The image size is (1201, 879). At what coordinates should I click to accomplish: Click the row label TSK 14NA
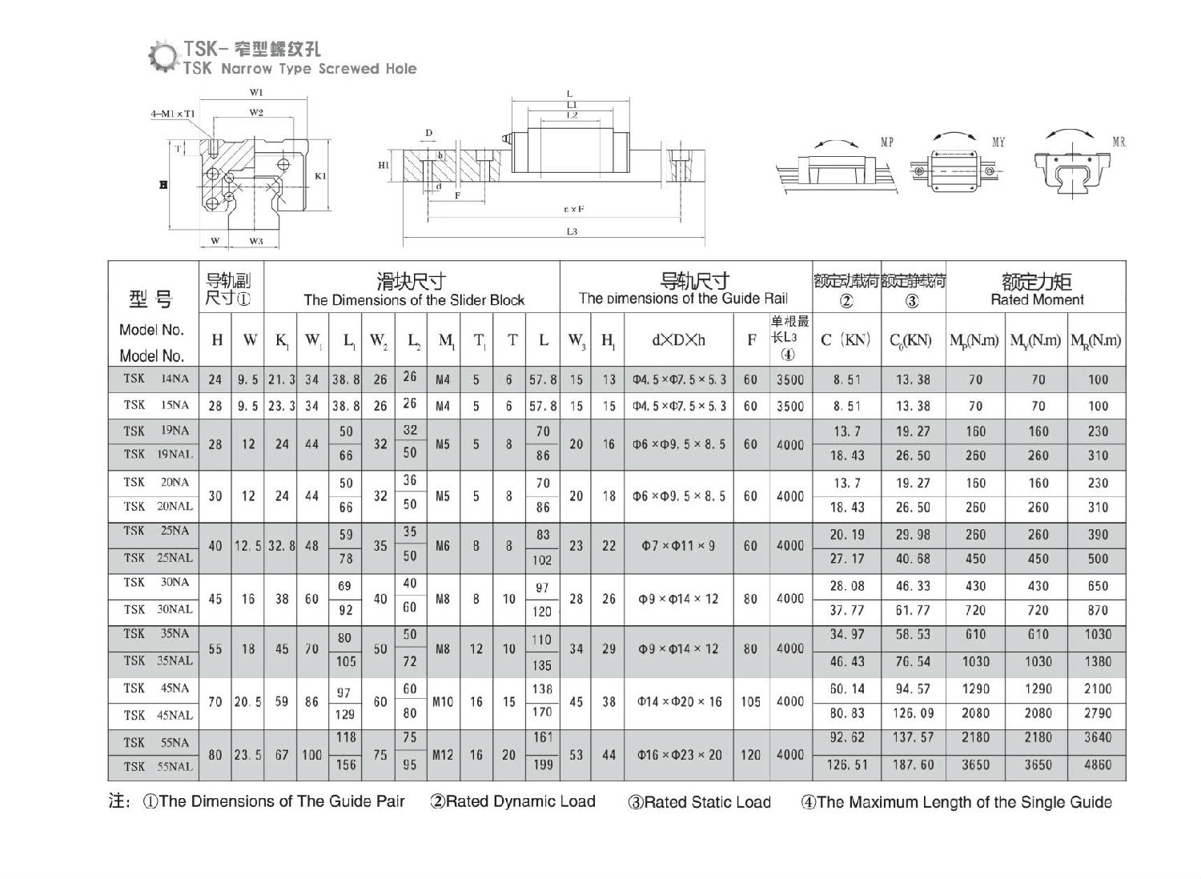coord(156,379)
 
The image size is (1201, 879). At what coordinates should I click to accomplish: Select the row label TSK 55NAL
coord(158,767)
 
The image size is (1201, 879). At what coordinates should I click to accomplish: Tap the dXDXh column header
coord(678,339)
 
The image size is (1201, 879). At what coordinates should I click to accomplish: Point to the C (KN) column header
coord(846,339)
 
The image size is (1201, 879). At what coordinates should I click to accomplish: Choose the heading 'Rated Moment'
coord(1037,300)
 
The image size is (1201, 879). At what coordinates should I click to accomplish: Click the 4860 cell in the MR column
coord(1097,765)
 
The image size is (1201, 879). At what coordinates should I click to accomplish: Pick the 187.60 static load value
coord(913,765)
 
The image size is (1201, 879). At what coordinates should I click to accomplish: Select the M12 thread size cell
coord(443,754)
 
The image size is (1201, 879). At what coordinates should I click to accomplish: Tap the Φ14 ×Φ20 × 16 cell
coord(678,702)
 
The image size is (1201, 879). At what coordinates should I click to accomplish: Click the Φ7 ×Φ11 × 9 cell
coord(678,546)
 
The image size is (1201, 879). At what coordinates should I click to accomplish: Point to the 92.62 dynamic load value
coord(846,738)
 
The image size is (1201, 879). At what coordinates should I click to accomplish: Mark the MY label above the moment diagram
coord(998,142)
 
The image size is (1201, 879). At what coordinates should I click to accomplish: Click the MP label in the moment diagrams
coord(887,142)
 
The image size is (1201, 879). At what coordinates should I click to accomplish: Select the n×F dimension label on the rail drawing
coord(572,209)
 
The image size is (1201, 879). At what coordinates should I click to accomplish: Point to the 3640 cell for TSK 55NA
coord(1097,738)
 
